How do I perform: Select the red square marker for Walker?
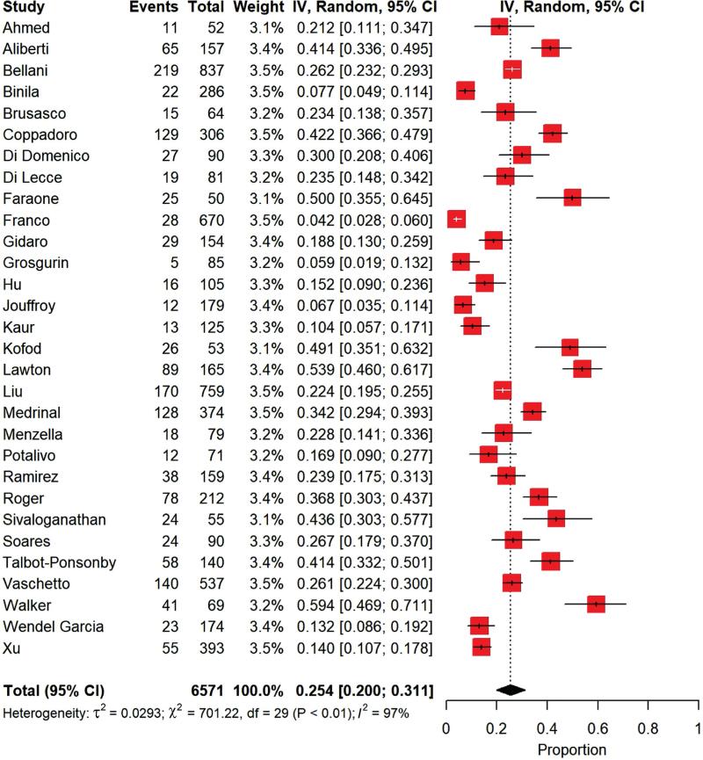[597, 604]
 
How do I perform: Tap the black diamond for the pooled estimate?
[511, 690]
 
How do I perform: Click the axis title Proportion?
[572, 749]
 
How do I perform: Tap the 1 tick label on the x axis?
[698, 728]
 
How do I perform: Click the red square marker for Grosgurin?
[460, 262]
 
